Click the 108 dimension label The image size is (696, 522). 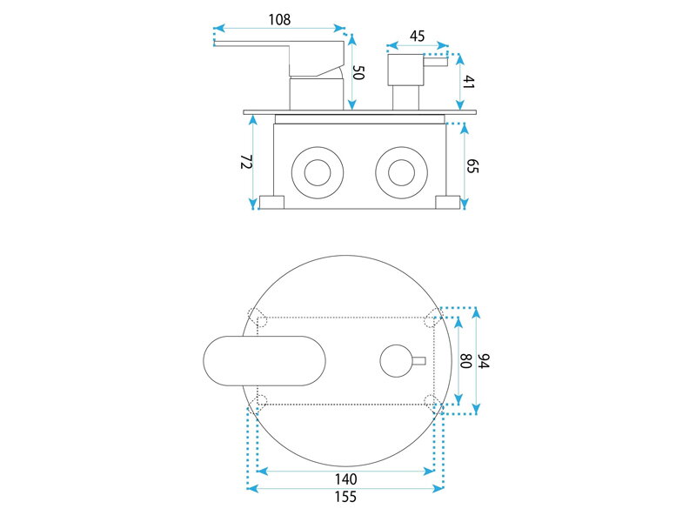pyautogui.click(x=279, y=19)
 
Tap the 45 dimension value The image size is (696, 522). pyautogui.click(x=418, y=36)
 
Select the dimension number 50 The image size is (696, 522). pyautogui.click(x=358, y=72)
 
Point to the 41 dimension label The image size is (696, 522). pyautogui.click(x=469, y=82)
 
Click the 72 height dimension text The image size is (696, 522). pyautogui.click(x=246, y=162)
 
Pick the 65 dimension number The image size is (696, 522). pyautogui.click(x=472, y=166)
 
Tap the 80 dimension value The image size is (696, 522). pyautogui.click(x=465, y=360)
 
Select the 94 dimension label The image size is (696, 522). pyautogui.click(x=484, y=360)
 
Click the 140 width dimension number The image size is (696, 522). pyautogui.click(x=345, y=479)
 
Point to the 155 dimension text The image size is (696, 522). pyautogui.click(x=345, y=496)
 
